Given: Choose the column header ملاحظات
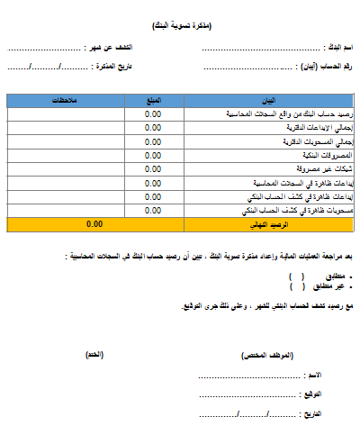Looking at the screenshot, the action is (61, 100).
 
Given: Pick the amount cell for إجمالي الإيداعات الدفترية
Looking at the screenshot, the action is (152, 128).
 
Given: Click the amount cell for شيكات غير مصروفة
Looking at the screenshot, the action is (152, 168).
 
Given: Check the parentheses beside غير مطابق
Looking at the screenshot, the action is (297, 285).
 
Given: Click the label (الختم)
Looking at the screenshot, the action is (94, 356).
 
